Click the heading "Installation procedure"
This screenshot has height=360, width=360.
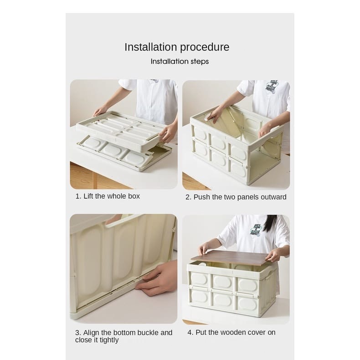coord(177,47)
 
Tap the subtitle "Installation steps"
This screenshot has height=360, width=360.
coord(180,62)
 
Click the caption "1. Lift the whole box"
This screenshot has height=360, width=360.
coord(108,196)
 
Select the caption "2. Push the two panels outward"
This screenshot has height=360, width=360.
coord(236,197)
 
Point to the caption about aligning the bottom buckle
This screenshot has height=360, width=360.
coord(123,336)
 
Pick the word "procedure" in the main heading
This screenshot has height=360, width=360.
coord(205,47)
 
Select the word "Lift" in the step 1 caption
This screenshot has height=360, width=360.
coord(88,196)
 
